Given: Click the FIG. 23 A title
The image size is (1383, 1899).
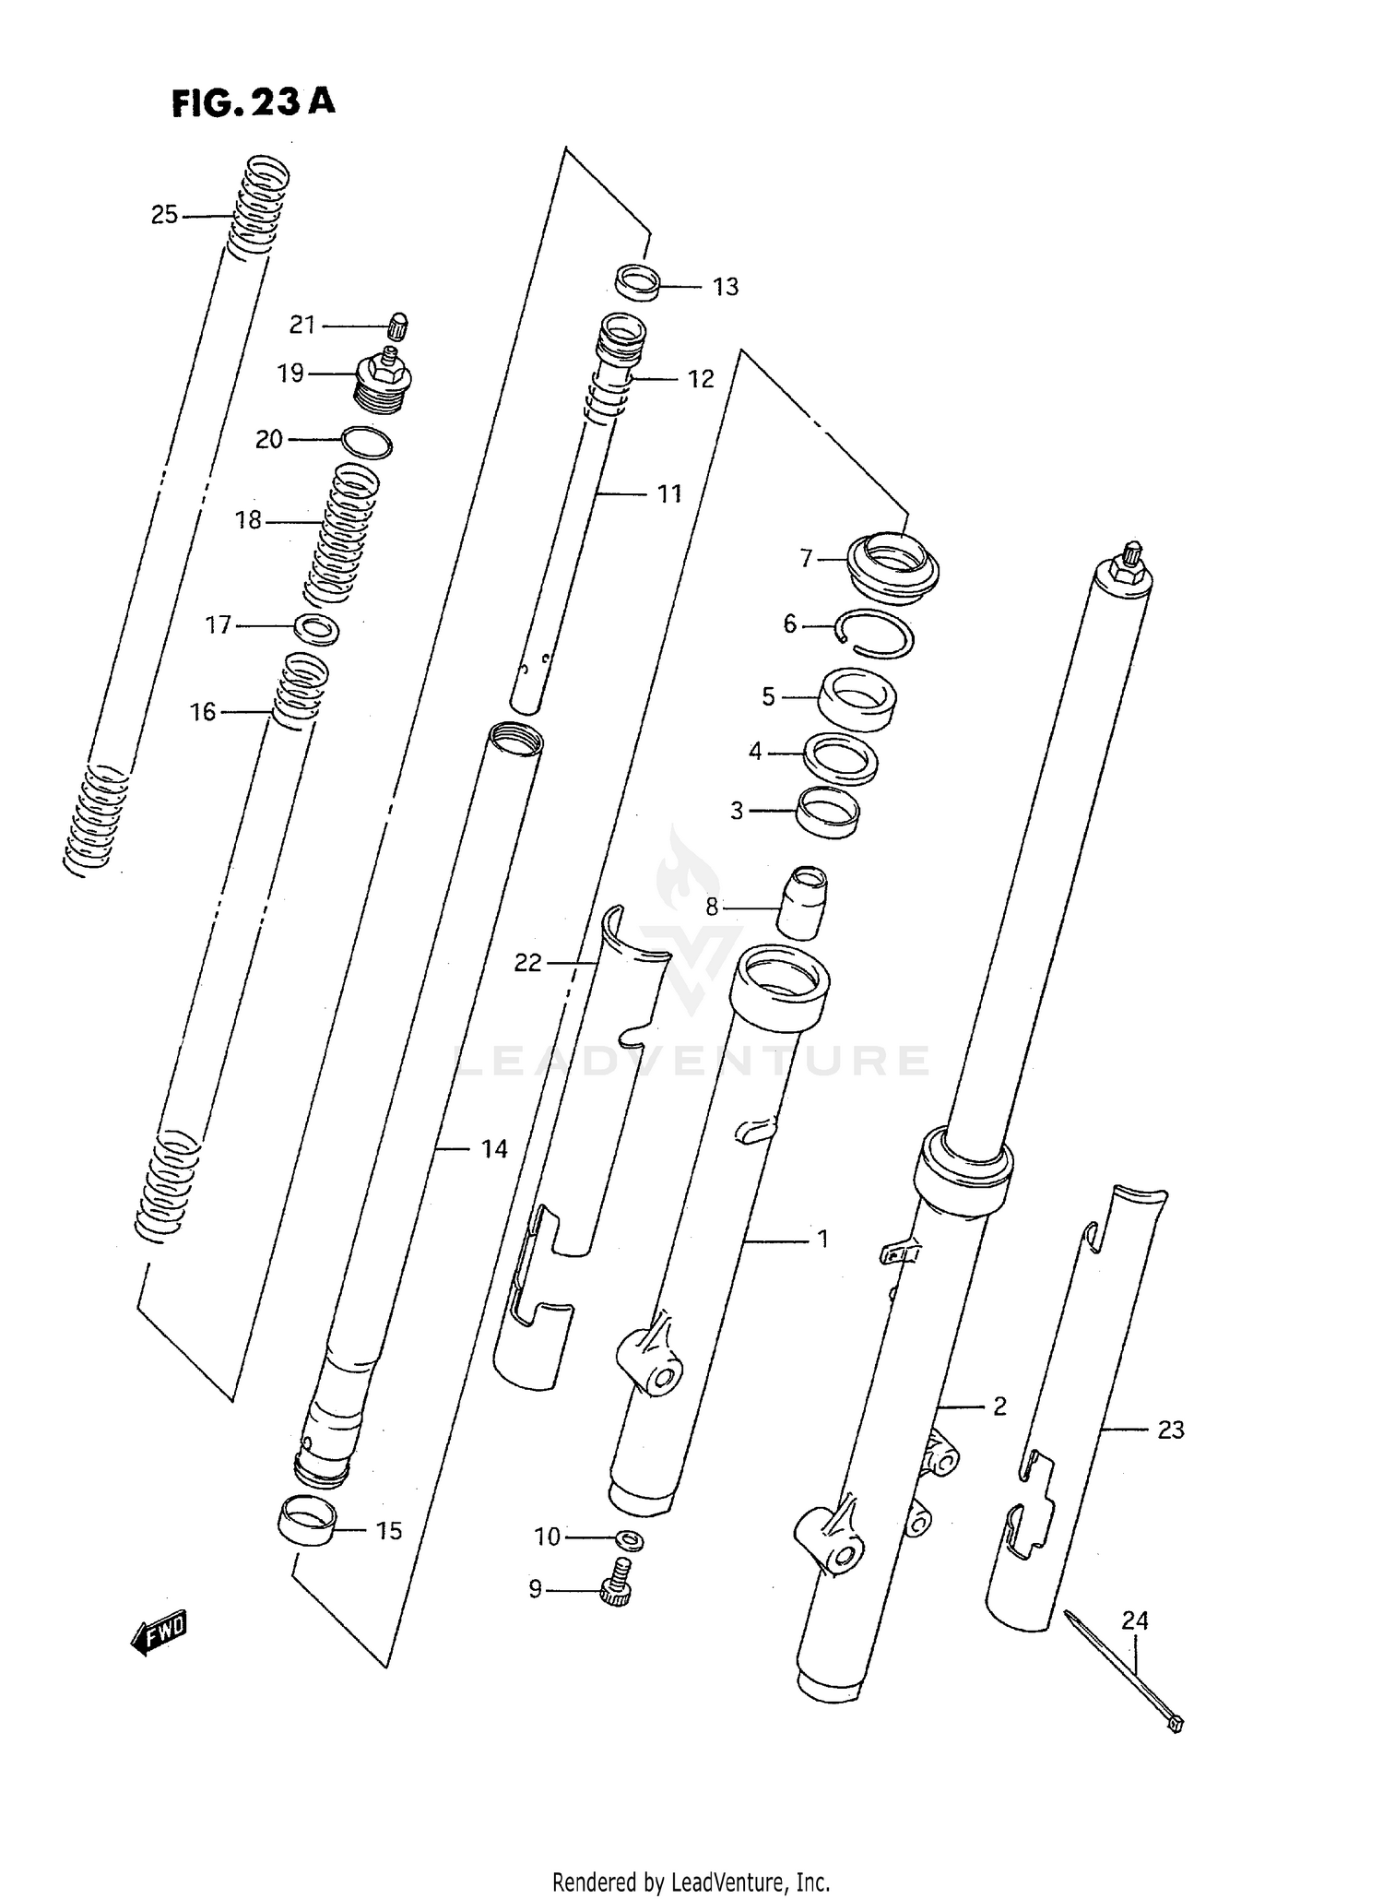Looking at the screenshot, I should pos(253,101).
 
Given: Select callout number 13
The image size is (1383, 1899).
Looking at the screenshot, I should pos(726,287).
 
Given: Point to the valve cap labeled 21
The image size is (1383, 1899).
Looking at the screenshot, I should pos(398,326).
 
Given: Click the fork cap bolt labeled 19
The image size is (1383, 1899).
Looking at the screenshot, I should pos(383,382).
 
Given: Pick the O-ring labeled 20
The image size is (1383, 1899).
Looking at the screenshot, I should pos(366,443).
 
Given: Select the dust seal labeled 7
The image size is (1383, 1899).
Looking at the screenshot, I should pos(892,565).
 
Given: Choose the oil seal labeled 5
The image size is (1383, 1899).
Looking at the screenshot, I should pos(857,699).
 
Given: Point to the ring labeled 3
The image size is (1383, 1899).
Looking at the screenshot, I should pos(828,810).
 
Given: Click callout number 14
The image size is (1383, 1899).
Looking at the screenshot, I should pos(494,1148).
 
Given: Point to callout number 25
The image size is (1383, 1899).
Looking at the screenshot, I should pos(164,215).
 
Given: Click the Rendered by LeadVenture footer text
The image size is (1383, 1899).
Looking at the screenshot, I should pos(691,1881).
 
